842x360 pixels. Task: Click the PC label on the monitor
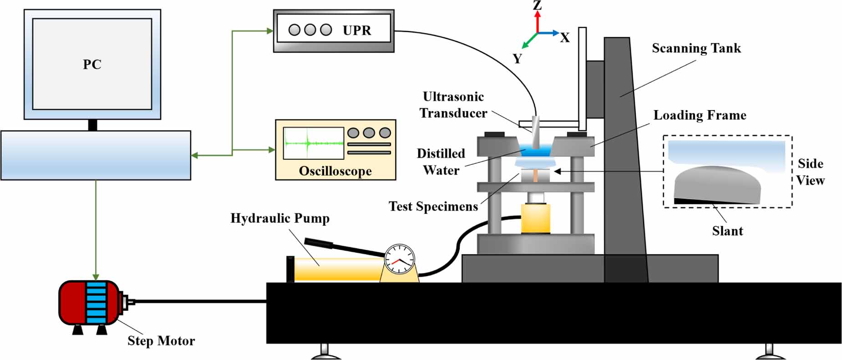coord(92,65)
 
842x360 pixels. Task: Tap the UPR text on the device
coord(357,30)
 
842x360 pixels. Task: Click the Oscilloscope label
coord(335,171)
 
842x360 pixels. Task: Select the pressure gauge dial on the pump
coord(400,259)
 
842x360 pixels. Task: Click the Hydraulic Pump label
coord(280,218)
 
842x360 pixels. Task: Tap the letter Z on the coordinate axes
coord(538,5)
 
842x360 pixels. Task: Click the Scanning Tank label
coord(696,48)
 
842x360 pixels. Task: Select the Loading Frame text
coord(700,115)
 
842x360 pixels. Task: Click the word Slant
coord(727,231)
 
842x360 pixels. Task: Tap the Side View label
coord(810,172)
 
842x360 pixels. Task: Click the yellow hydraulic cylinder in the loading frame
coord(536,218)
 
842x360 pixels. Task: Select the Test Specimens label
coord(433,207)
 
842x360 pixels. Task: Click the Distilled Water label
coord(441,162)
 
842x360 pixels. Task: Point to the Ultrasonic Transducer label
coord(453,105)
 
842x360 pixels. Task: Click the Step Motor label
coord(161,341)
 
